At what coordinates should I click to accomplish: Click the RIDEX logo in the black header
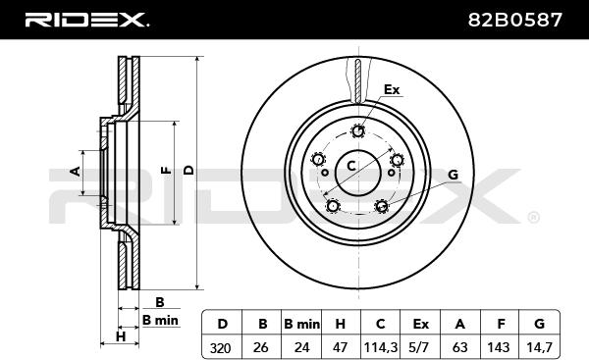tap(86, 20)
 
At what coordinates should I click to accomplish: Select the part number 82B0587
tap(515, 20)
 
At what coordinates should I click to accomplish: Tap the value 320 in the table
tap(220, 348)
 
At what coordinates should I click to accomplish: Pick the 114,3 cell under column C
tap(381, 348)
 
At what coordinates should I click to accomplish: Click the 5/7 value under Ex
tap(419, 347)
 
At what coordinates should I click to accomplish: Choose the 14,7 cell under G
tap(539, 347)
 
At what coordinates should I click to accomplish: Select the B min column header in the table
tap(302, 324)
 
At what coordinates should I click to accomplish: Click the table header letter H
tap(340, 324)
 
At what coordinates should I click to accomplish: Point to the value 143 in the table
tap(498, 347)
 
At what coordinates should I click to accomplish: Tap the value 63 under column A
tap(459, 347)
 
